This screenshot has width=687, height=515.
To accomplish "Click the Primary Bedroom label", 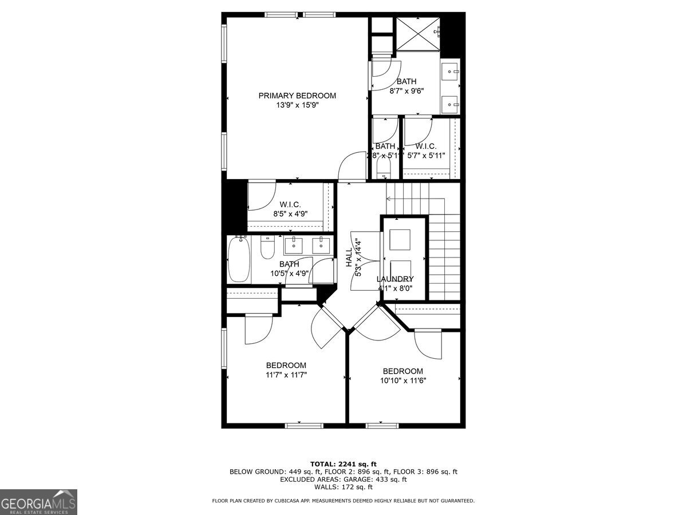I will (297, 96).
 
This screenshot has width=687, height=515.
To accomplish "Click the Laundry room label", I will (395, 279).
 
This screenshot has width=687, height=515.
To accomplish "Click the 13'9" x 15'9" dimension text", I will (297, 105).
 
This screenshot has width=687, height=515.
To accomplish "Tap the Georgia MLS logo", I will (38, 502).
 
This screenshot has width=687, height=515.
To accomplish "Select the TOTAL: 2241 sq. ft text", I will (343, 463).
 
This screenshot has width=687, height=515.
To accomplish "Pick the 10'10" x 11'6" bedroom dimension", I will (403, 381).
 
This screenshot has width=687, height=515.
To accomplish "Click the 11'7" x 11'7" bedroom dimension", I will (286, 375).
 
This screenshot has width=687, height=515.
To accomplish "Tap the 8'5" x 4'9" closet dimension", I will (290, 213).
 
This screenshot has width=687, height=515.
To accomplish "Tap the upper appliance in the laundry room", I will (400, 239).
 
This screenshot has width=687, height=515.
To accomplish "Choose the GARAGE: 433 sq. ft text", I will (375, 480).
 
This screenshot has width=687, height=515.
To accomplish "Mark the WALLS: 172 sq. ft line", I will (343, 487).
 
